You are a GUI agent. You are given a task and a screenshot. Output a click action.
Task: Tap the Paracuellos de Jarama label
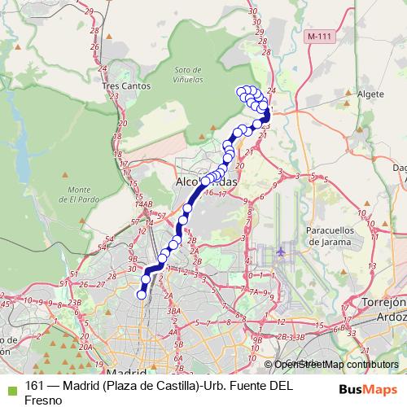(x=328, y=236)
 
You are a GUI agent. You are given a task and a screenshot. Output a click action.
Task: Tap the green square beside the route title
(x=10, y=387)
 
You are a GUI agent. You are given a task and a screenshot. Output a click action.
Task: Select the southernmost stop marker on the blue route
(x=141, y=295)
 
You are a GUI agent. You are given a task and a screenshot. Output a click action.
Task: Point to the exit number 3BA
(x=172, y=311)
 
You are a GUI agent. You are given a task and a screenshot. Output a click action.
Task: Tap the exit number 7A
(x=255, y=291)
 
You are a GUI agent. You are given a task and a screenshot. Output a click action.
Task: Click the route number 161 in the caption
(x=34, y=386)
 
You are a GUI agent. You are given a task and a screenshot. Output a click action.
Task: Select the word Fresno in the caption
(x=43, y=400)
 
